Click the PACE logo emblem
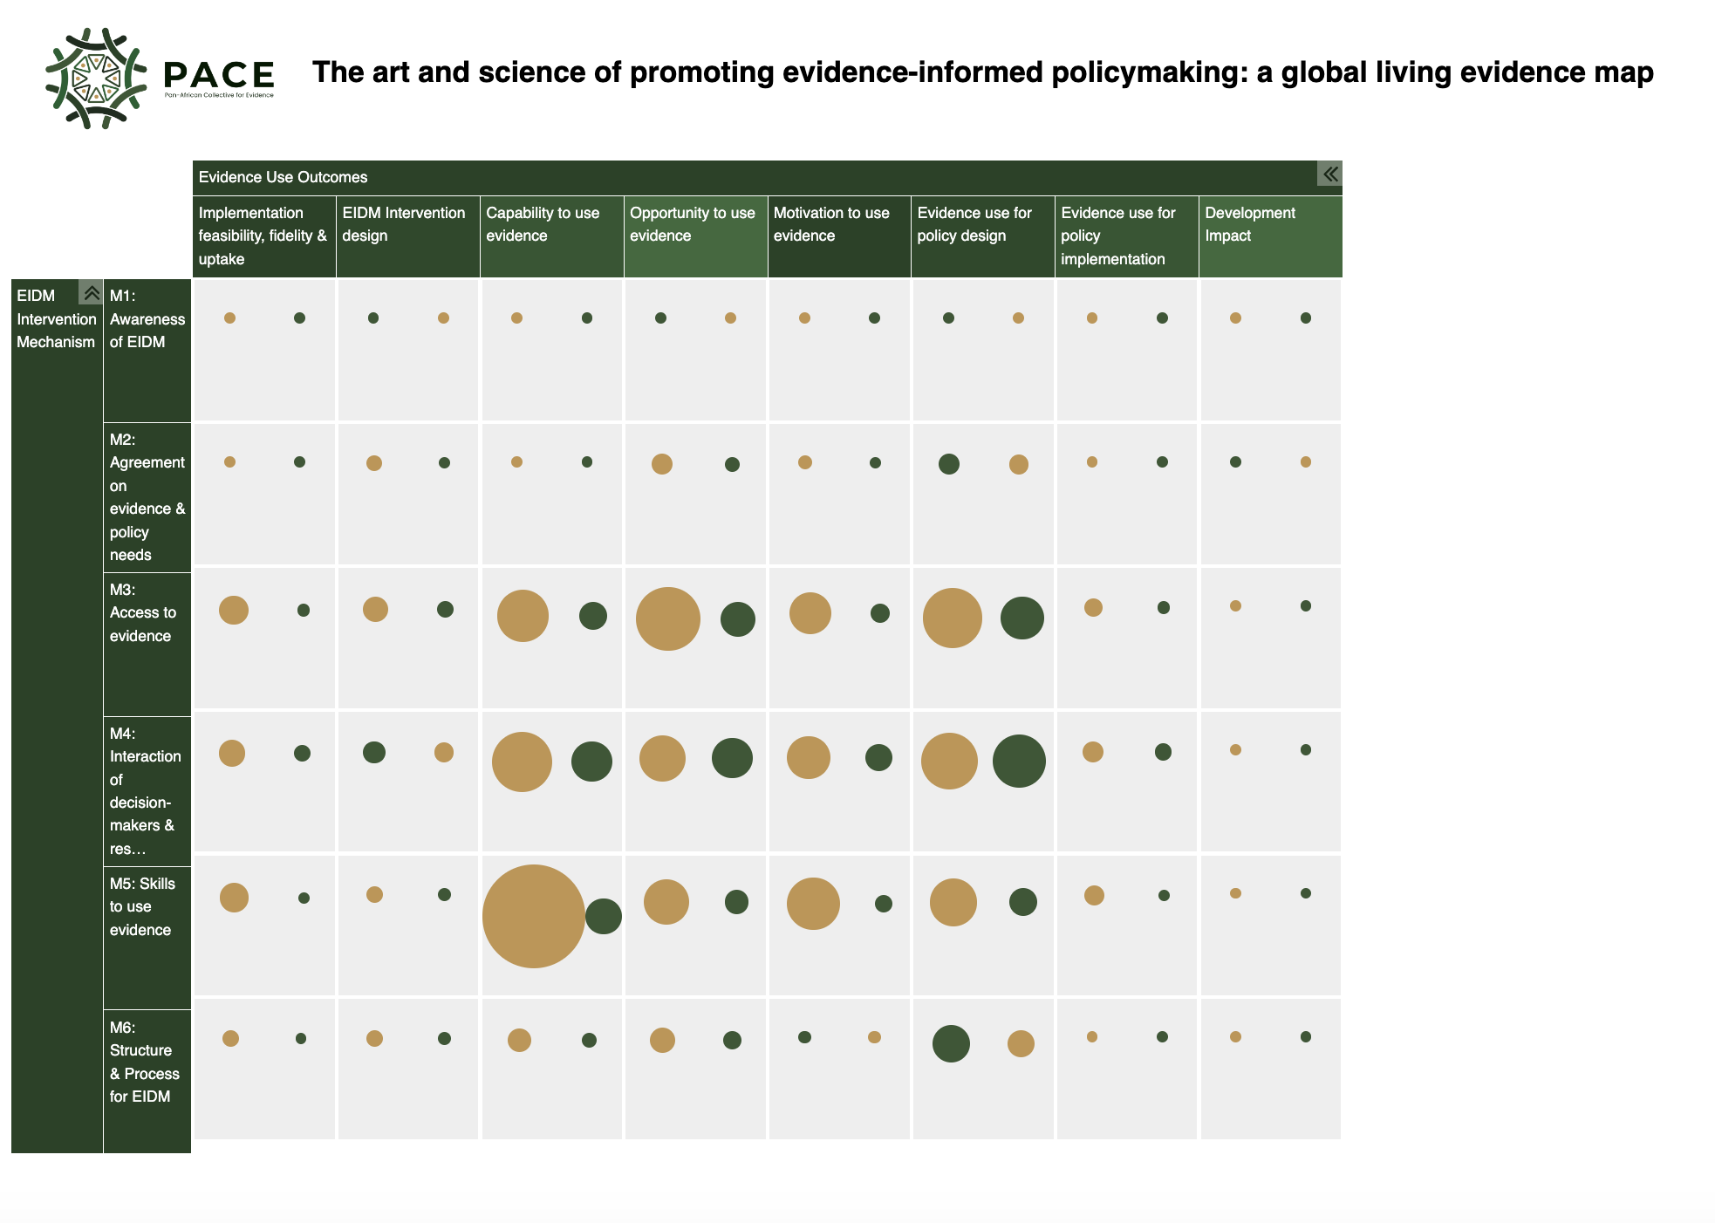(96, 79)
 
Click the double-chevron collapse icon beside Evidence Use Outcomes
(1329, 174)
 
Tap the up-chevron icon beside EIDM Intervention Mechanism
(91, 292)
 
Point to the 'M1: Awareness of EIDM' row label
(147, 319)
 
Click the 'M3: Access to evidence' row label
(142, 613)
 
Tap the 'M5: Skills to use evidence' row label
(142, 907)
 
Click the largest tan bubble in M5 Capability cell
(533, 916)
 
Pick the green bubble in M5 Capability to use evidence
(604, 916)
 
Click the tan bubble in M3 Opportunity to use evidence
(667, 619)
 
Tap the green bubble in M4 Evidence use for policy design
(1019, 761)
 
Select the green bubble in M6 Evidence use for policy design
(951, 1043)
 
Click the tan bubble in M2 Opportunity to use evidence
(662, 464)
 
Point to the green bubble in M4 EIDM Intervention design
(374, 752)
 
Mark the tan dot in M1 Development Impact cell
(1235, 318)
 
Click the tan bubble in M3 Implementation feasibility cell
(234, 610)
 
